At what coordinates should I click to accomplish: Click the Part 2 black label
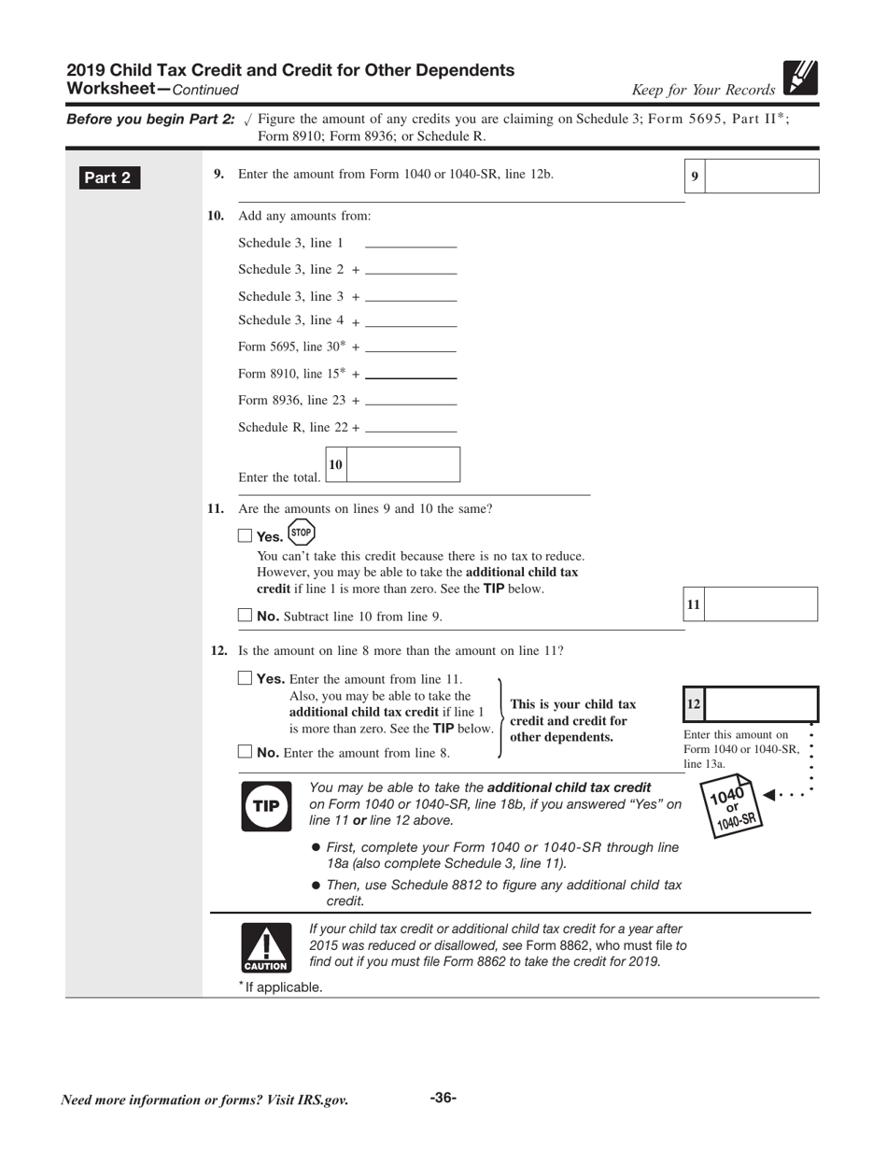pos(108,178)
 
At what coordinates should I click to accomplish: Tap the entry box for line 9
pos(761,176)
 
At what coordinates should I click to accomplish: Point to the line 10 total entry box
pos(402,464)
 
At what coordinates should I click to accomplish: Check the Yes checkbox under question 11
pos(246,536)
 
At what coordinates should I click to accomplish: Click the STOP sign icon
pos(301,533)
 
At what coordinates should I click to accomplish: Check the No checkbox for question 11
pos(246,616)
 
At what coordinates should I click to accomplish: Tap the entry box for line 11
pos(760,604)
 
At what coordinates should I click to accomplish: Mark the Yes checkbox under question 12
pos(246,679)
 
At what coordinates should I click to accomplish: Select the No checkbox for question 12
pos(246,751)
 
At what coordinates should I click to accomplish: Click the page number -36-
pos(443,1098)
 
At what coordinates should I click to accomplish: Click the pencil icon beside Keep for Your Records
pos(800,78)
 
